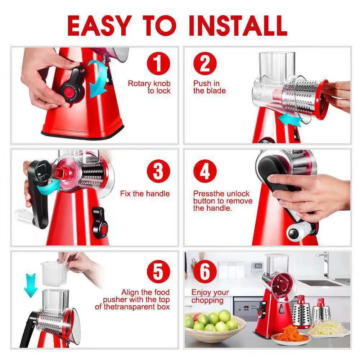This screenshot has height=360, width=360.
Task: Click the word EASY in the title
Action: [98, 25]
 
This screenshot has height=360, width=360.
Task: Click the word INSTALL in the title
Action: [238, 25]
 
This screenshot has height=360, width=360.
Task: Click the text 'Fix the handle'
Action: [145, 194]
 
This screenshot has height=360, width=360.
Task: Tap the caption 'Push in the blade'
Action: [210, 87]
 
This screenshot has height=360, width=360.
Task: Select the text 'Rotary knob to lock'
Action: [149, 87]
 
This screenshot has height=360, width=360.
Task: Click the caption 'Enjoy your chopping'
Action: [210, 296]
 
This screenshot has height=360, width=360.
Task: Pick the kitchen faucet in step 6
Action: [325, 265]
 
